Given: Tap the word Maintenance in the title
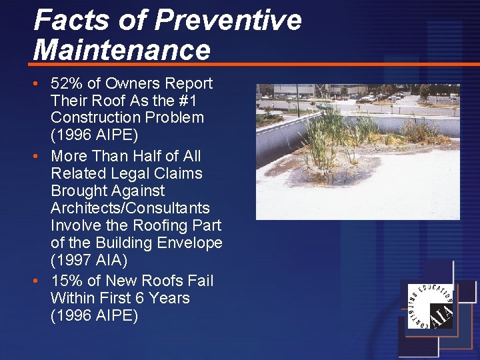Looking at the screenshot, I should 122,50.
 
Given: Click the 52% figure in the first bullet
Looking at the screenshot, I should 67,83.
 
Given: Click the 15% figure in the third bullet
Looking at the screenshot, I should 67,281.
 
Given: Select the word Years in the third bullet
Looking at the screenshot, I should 170,298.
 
